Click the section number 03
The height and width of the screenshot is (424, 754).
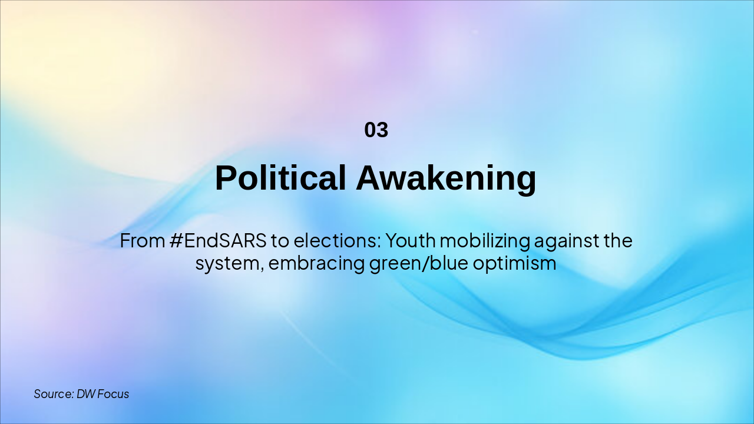point(376,130)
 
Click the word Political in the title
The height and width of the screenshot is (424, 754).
point(280,178)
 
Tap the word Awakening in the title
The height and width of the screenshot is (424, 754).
point(446,179)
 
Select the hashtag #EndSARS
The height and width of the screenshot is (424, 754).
point(218,241)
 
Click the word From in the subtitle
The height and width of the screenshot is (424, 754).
point(143,241)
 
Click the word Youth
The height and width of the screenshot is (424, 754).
point(411,241)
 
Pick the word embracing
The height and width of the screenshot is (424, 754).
point(316,263)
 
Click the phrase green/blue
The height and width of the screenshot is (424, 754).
point(419,263)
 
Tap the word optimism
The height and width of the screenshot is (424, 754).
point(514,263)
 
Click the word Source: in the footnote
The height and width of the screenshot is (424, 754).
point(54,394)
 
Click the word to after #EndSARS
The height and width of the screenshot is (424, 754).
point(280,241)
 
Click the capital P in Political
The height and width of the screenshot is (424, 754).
point(226,178)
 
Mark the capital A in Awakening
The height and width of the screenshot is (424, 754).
point(369,178)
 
